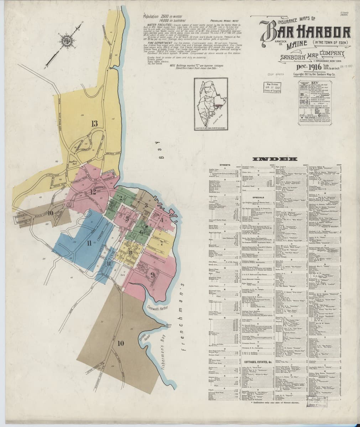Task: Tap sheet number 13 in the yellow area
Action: pos(94,124)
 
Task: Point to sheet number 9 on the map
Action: pos(152,274)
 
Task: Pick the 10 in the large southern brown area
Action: pos(121,343)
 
